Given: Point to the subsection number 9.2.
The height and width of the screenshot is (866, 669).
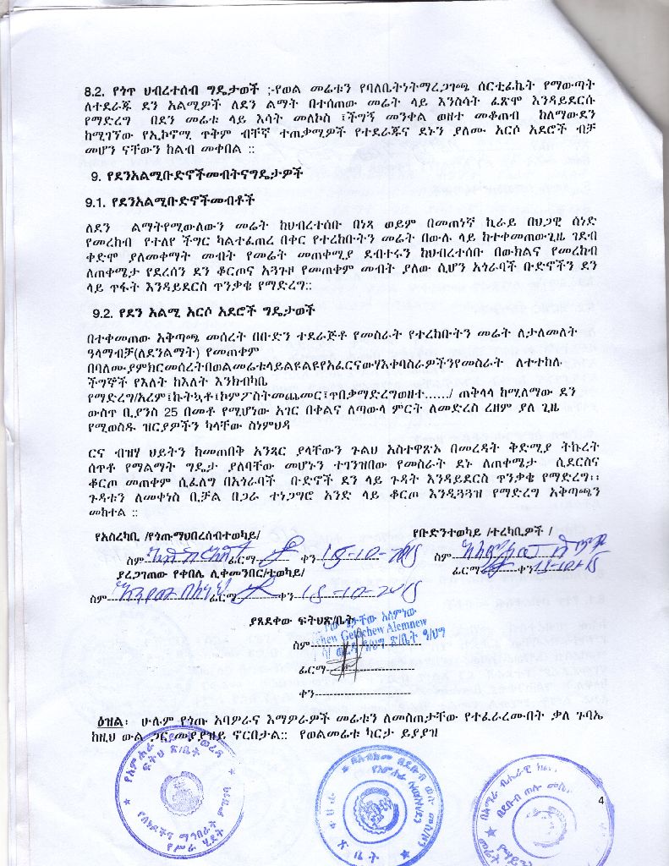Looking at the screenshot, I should [x=105, y=311].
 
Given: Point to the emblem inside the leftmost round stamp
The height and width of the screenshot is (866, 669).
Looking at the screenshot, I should [x=180, y=792].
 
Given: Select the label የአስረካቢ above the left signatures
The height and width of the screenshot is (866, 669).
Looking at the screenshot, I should [x=119, y=534].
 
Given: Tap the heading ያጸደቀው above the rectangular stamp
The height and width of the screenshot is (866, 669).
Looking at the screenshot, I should [x=270, y=621].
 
